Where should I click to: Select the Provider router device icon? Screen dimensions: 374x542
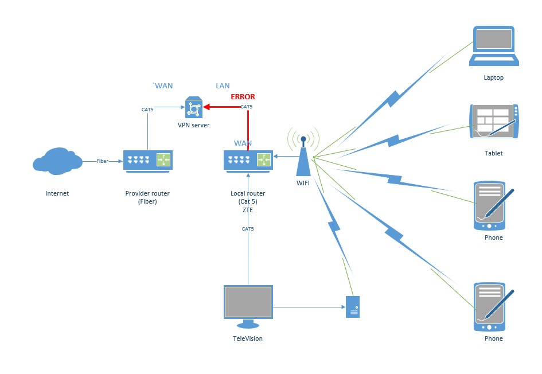pos(147,160)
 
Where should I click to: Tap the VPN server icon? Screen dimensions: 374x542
pos(193,107)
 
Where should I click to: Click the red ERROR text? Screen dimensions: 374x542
pos(243,97)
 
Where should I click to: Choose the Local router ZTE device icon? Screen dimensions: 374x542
pos(248,160)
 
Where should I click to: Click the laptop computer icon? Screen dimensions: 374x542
pos(494,46)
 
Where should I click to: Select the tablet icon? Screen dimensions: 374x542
pos(494,122)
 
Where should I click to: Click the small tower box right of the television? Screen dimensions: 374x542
pos(353,307)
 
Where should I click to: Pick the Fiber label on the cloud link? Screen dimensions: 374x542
pos(102,161)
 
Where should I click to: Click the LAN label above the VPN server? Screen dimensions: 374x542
pos(223,86)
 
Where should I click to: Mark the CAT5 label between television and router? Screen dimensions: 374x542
pos(248,229)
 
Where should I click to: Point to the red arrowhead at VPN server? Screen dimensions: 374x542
pos(208,107)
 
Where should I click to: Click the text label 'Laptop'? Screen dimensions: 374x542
pos(493,77)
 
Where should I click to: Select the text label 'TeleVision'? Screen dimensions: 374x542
pos(248,338)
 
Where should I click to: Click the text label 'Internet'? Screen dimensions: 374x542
pos(57,193)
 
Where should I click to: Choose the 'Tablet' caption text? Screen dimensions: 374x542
pos(493,153)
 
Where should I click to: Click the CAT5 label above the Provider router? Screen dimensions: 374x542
pos(147,109)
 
